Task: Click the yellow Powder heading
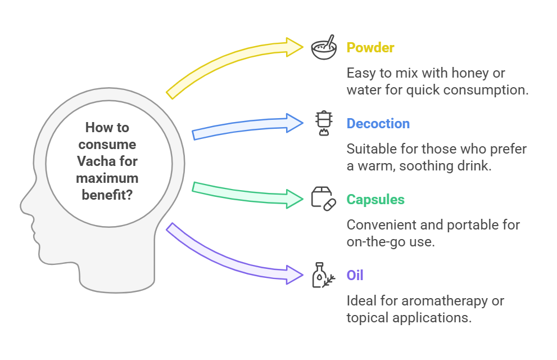pyautogui.click(x=370, y=48)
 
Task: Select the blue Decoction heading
pyautogui.click(x=378, y=124)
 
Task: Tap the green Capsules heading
pyautogui.click(x=375, y=199)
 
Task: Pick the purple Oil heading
pyautogui.click(x=355, y=276)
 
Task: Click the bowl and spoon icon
pyautogui.click(x=324, y=47)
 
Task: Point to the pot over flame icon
pyautogui.click(x=324, y=123)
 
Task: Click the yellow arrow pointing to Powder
pyautogui.click(x=227, y=60)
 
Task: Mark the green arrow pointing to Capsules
pyautogui.click(x=245, y=193)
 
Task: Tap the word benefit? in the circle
pyautogui.click(x=107, y=195)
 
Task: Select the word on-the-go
pyautogui.click(x=376, y=242)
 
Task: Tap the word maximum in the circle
pyautogui.click(x=107, y=178)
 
